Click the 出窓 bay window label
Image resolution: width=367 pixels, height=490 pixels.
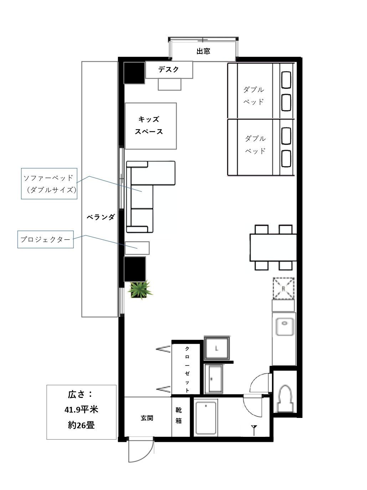203,51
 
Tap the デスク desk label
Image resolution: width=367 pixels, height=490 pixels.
168,70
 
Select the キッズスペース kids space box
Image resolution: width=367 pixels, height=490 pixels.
151,126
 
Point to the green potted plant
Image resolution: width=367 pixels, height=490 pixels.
140,290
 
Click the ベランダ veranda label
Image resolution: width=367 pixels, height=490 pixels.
101,217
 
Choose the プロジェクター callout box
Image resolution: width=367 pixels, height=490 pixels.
46,239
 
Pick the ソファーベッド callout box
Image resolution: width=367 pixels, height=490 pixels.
49,184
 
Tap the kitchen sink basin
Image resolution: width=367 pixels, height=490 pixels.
285,327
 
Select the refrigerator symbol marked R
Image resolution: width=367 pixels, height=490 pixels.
284,288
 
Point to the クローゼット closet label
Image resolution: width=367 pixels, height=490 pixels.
187,369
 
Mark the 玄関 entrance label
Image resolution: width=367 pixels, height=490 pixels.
147,418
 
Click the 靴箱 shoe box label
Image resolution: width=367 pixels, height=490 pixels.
178,415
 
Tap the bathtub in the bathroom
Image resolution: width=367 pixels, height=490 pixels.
206,418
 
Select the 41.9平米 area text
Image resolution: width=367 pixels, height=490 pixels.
81,410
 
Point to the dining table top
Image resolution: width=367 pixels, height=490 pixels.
273,247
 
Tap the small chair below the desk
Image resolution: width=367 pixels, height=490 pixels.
169,84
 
